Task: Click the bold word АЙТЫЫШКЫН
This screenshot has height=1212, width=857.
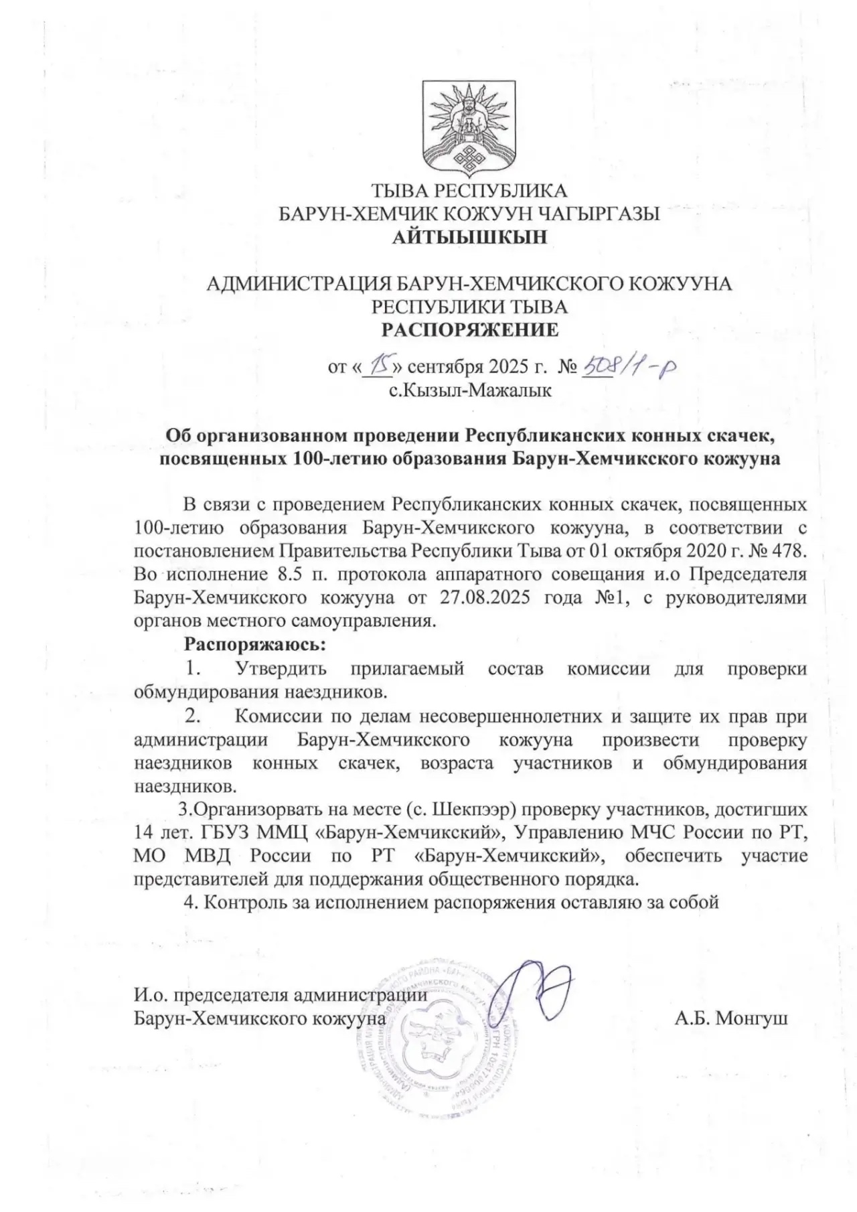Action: point(469,237)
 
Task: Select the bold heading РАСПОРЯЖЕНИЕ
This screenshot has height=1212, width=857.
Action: point(469,330)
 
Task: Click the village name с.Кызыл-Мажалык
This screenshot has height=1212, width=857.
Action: point(470,390)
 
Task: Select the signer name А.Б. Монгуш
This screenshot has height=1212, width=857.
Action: point(731,1018)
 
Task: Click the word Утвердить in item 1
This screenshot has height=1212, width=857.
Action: point(281,668)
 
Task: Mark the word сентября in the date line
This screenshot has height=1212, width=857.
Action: point(445,367)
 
